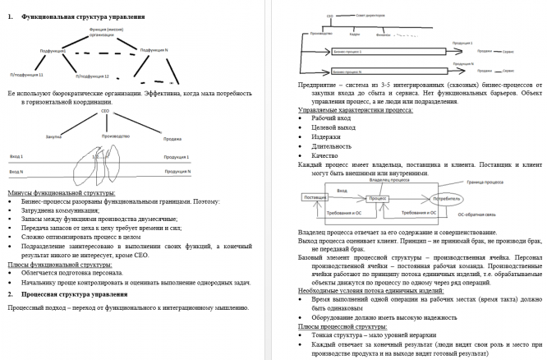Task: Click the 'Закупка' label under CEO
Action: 54,137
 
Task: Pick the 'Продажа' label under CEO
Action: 172,137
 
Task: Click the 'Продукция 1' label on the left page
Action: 175,155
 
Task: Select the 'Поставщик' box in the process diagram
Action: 315,198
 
